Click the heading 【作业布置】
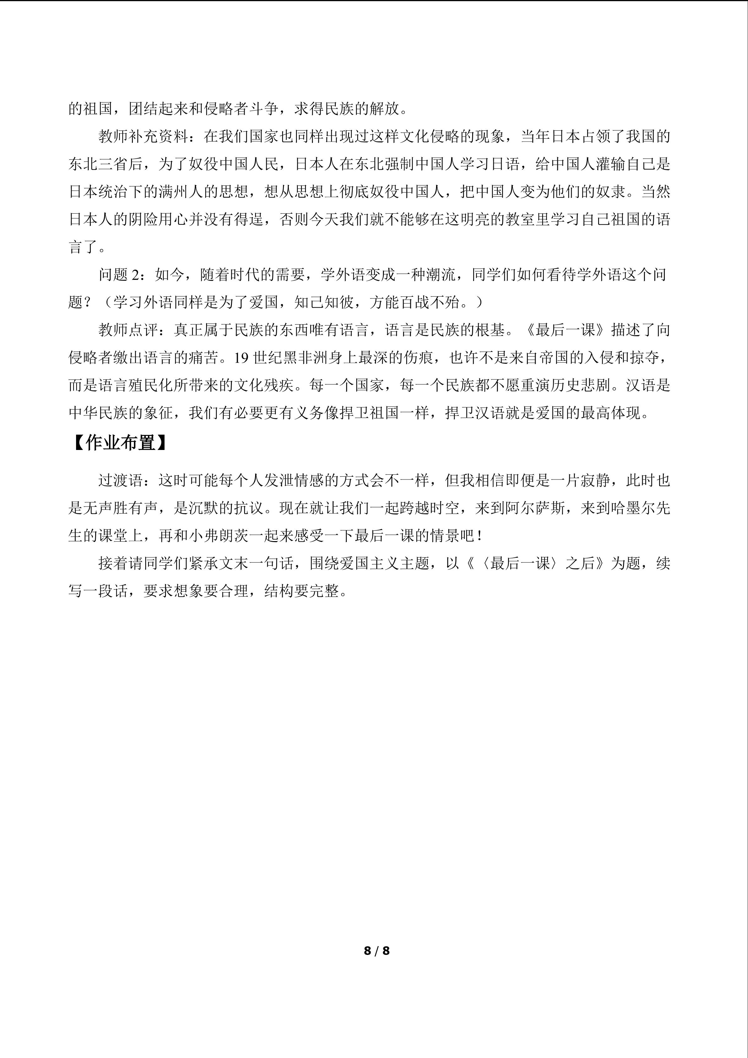120,443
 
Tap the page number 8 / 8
376,951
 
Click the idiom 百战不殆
430,302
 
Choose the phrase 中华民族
98,413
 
